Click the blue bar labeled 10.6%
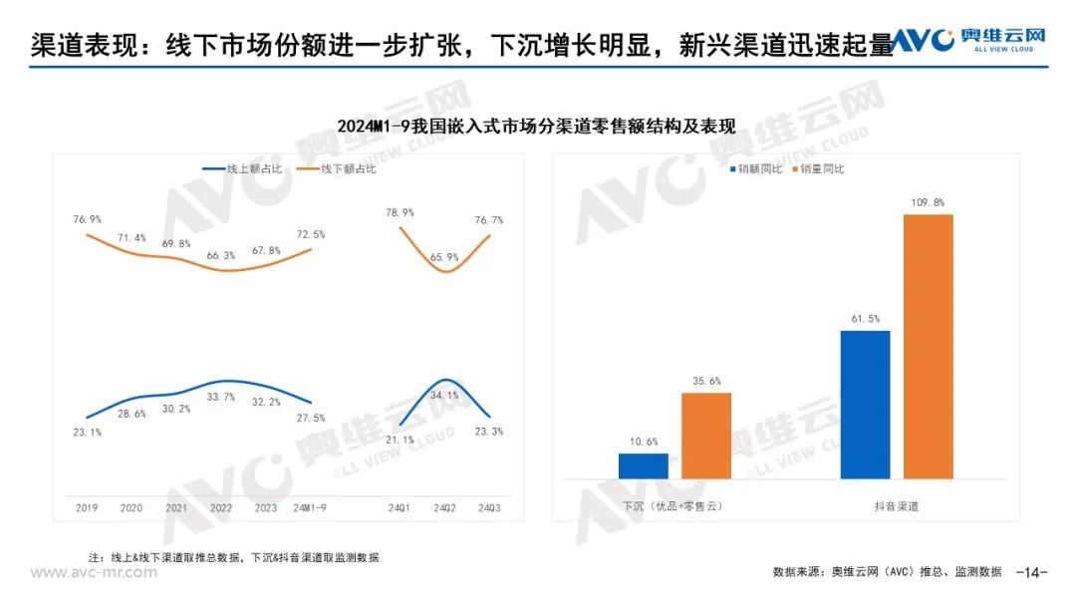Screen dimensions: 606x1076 (643, 466)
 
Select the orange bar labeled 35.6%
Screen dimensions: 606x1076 (706, 436)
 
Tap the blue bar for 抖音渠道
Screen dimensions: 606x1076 (865, 405)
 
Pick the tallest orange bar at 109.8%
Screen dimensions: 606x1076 (929, 346)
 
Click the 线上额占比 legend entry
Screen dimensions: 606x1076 (243, 169)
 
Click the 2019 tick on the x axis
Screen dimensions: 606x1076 (87, 507)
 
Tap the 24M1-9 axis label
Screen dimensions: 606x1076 (312, 507)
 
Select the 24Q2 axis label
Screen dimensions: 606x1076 (444, 507)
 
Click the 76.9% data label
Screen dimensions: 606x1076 (87, 219)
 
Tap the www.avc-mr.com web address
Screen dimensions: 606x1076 (94, 573)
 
